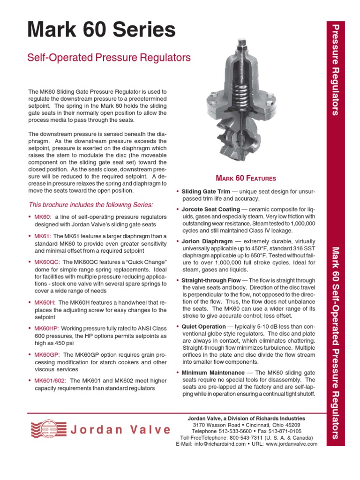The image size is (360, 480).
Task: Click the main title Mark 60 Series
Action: pyautogui.click(x=102, y=30)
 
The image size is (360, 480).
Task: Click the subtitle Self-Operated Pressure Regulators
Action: pyautogui.click(x=109, y=58)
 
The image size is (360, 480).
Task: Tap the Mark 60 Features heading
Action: pyautogui.click(x=246, y=178)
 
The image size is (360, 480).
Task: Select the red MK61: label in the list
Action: pyautogui.click(x=43, y=236)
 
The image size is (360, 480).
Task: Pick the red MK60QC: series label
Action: pyautogui.click(x=47, y=262)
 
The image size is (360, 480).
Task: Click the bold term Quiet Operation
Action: pyautogui.click(x=203, y=327)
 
